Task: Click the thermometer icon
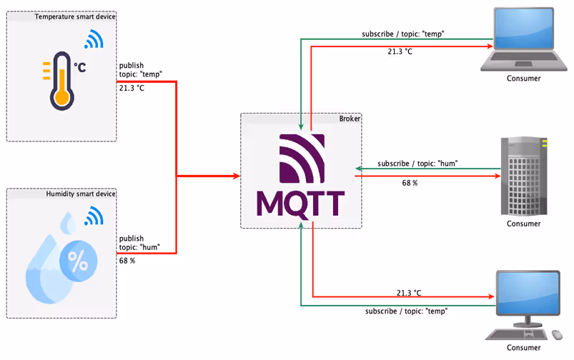click(60, 82)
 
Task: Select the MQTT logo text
click(300, 203)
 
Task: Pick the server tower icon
click(523, 176)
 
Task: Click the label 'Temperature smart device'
click(75, 16)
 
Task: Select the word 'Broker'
click(350, 119)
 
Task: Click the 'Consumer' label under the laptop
click(523, 79)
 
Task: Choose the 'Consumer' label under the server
click(523, 224)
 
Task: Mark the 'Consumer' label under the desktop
click(523, 348)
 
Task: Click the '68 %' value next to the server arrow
click(410, 184)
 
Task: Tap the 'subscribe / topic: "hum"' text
click(417, 164)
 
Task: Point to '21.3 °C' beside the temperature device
click(132, 88)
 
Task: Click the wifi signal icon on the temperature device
click(92, 40)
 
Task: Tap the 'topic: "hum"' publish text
click(139, 248)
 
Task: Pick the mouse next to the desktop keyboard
click(557, 334)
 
